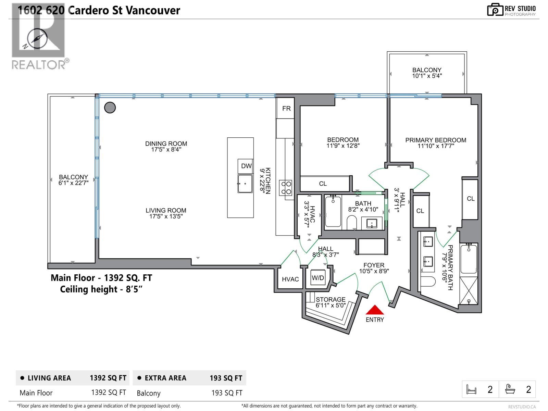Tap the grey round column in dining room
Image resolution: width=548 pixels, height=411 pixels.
coord(110,108)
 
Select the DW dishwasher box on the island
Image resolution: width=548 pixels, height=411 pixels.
coord(246,166)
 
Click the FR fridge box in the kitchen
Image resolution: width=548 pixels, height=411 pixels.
coord(286,109)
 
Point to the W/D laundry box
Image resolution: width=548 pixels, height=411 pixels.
coord(317,278)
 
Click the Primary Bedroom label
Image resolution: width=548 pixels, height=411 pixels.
coord(435,140)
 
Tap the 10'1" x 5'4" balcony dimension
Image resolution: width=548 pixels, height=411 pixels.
coord(426,76)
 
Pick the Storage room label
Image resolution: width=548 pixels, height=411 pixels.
coord(330,299)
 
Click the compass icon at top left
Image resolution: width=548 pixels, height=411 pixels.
coord(37,39)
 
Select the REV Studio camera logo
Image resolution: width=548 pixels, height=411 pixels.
coord(495,10)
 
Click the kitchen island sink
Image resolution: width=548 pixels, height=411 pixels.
coord(245,184)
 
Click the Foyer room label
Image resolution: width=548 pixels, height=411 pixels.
coord(374,265)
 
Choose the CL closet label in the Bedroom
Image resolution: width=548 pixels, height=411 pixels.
coord(323,184)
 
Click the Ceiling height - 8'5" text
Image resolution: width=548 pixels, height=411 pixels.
coord(101,289)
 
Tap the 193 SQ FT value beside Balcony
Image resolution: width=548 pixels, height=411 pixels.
coord(226,393)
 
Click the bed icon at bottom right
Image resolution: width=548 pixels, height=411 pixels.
coord(472,389)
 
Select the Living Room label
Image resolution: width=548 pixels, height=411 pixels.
coord(166,211)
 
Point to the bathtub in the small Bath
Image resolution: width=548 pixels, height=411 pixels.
coord(333,212)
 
